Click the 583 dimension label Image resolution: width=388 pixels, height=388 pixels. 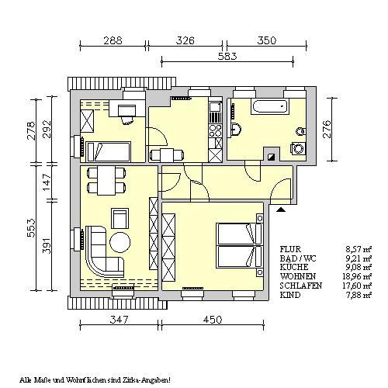(227, 57)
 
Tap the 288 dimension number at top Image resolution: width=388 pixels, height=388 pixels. (113, 40)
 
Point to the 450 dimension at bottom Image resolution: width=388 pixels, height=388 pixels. (213, 320)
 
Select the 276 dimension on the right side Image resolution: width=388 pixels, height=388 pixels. (327, 129)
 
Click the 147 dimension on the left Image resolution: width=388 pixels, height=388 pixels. (47, 182)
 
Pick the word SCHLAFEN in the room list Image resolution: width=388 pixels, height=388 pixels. (301, 286)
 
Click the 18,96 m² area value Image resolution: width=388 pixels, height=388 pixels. (357, 276)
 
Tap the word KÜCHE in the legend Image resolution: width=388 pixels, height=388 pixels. (294, 267)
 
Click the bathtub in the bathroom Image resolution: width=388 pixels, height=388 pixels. (269, 106)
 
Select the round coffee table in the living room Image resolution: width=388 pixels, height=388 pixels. (120, 242)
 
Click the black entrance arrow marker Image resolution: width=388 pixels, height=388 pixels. (281, 210)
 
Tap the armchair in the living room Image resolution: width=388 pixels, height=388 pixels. (120, 219)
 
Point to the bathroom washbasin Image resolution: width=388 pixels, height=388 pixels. (237, 129)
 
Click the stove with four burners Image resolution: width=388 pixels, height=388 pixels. (216, 131)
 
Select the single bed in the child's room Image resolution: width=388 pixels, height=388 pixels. (108, 151)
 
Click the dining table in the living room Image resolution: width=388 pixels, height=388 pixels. (106, 180)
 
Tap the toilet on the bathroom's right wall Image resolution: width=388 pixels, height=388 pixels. (301, 132)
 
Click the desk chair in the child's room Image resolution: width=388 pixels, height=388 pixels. (127, 120)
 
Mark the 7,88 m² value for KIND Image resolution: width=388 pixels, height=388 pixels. (359, 295)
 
